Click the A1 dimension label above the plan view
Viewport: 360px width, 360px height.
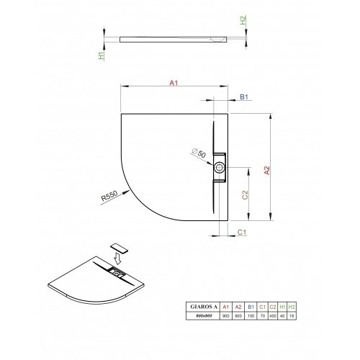[x=173, y=84]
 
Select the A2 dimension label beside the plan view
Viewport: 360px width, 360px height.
[x=267, y=170]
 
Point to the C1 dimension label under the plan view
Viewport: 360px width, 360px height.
[x=243, y=233]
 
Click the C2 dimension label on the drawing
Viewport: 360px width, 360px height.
[x=245, y=194]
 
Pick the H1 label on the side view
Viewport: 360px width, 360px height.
[x=102, y=53]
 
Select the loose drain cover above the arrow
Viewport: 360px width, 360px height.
[x=120, y=246]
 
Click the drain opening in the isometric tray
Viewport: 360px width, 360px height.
[x=115, y=272]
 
